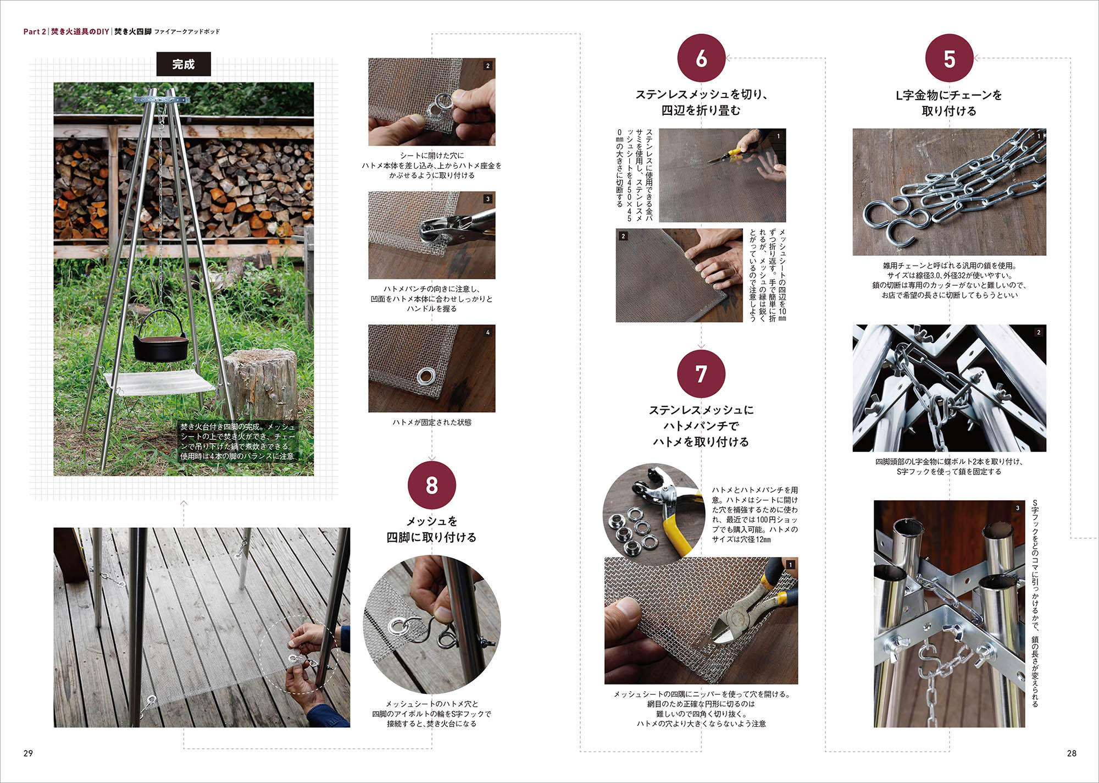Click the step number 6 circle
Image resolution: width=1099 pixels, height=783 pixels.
pos(701,58)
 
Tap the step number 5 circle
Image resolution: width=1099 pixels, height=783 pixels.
pos(949,58)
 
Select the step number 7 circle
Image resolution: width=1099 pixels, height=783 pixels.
pos(701,374)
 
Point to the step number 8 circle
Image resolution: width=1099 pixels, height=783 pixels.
pos(432,486)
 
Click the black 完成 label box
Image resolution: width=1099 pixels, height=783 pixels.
pos(184,64)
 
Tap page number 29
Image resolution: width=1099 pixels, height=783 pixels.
pos(28,753)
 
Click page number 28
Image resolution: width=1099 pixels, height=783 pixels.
pos(1071,753)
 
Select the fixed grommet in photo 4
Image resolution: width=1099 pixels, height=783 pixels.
pos(425,376)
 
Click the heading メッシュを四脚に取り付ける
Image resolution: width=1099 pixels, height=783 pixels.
pos(431,529)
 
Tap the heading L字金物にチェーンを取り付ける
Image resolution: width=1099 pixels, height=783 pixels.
pos(949,103)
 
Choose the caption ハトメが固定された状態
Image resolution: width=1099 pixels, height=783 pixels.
pos(432,422)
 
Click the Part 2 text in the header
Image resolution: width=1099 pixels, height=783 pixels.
pos(35,32)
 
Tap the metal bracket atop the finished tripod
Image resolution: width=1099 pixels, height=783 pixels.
pos(162,100)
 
